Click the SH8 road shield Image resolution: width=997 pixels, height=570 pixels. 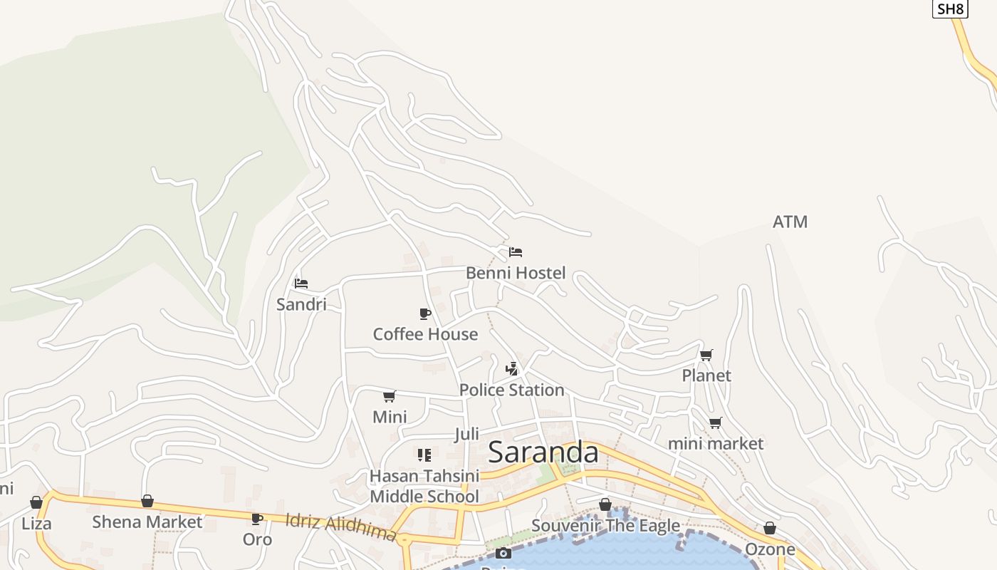(950, 9)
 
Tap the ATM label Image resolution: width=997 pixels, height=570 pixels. (790, 222)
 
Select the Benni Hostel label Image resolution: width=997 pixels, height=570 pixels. (516, 273)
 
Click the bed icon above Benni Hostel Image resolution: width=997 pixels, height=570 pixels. (516, 252)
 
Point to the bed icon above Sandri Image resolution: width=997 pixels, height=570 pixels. (301, 284)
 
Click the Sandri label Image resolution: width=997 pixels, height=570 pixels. (301, 304)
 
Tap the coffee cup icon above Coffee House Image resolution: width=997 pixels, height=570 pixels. (425, 313)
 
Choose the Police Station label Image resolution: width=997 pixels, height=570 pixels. (511, 390)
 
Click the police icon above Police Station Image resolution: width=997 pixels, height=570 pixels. (511, 368)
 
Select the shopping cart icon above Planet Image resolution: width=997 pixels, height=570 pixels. (706, 355)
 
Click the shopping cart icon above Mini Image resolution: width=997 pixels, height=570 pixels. (390, 396)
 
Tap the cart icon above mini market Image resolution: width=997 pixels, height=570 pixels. (716, 423)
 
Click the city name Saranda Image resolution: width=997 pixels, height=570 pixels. (543, 452)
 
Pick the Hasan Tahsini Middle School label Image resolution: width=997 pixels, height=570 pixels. (424, 486)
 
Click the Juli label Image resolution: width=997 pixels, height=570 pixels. (466, 434)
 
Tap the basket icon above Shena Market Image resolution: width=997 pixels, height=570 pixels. (147, 501)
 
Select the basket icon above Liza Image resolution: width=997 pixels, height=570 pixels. (36, 502)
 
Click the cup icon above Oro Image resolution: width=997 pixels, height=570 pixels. (257, 519)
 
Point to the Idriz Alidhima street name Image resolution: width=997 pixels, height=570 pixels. (340, 527)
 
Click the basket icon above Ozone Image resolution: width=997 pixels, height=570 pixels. (770, 528)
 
